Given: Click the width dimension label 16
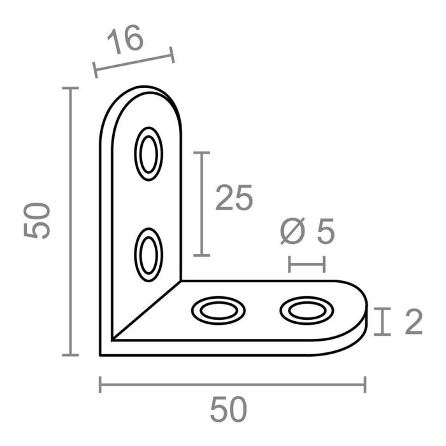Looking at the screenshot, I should [x=126, y=40].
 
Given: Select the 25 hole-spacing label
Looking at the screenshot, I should [x=234, y=198].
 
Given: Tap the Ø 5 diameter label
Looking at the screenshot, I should [x=307, y=234].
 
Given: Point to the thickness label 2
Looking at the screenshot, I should [x=412, y=323].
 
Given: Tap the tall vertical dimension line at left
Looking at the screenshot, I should [x=71, y=221].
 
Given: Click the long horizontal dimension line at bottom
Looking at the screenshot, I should [x=232, y=384].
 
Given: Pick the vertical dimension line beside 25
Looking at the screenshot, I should [x=201, y=204].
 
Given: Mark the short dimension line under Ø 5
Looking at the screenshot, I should [x=307, y=264].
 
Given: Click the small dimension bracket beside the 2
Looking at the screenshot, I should [x=382, y=322].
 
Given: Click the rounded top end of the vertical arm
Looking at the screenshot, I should [x=143, y=102].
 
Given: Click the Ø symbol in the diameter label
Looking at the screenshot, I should [x=291, y=234].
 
